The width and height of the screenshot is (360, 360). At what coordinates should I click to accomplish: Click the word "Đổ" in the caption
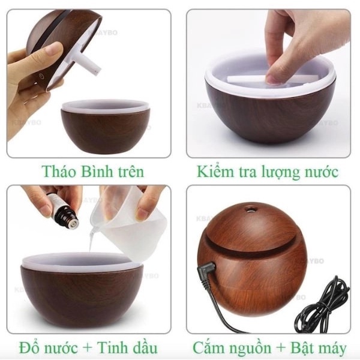pos(29,347)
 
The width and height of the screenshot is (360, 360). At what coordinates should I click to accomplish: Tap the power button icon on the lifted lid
pos(41,76)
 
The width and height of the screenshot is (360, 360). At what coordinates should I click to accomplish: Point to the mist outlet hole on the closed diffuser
pos(250,209)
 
